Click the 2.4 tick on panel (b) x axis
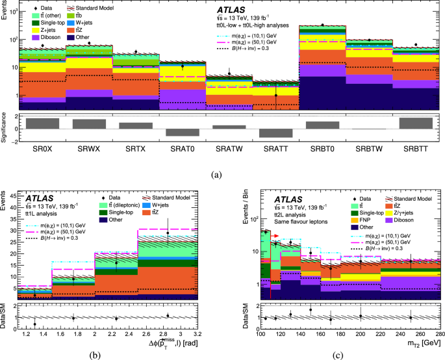coord(125,333)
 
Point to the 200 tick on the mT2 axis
coord(361,333)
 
